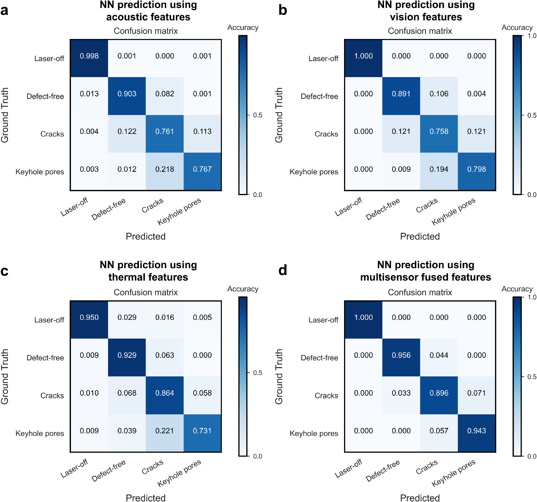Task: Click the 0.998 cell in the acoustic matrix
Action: click(x=89, y=56)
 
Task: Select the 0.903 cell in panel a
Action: click(x=127, y=94)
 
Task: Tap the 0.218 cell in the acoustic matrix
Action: click(x=164, y=169)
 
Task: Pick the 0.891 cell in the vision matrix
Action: click(x=401, y=94)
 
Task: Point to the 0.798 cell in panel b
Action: click(x=476, y=169)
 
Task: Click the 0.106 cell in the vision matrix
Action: click(x=439, y=94)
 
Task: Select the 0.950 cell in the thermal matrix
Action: click(x=89, y=318)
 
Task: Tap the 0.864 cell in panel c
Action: click(x=164, y=393)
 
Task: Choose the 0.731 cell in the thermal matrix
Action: click(x=202, y=431)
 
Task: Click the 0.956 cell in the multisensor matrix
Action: click(x=401, y=355)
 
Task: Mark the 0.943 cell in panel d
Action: click(x=476, y=431)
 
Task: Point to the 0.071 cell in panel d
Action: click(x=476, y=393)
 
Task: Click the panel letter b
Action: click(x=283, y=10)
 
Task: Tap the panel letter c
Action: click(x=4, y=271)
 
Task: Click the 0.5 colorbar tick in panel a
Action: click(x=257, y=115)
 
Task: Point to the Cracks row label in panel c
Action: click(x=52, y=396)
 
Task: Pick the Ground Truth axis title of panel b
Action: click(x=279, y=115)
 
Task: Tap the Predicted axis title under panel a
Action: click(x=146, y=236)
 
